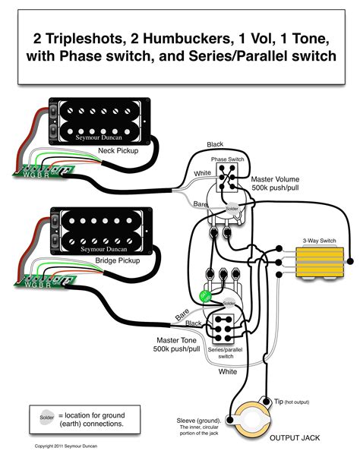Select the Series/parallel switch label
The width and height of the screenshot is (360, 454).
(226, 352)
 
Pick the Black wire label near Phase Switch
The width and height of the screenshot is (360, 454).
(216, 144)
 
